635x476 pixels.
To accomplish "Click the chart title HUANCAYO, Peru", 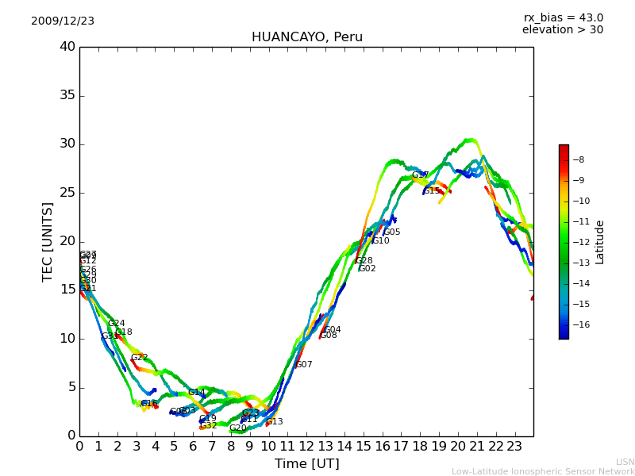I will pyautogui.click(x=306, y=37).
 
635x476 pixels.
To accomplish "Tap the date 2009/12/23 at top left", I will pyautogui.click(x=63, y=21).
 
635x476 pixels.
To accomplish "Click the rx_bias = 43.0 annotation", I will pyautogui.click(x=563, y=18).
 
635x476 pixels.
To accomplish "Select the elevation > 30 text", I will pyautogui.click(x=562, y=30).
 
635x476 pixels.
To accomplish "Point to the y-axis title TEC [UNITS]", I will pyautogui.click(x=48, y=241).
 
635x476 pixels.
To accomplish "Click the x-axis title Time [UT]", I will pyautogui.click(x=306, y=464).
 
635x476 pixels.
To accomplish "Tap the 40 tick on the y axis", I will pyautogui.click(x=67, y=47).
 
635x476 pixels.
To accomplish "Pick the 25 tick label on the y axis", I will pyautogui.click(x=67, y=193).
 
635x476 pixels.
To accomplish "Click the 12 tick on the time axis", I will pyautogui.click(x=306, y=446).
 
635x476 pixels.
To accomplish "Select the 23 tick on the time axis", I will pyautogui.click(x=514, y=446).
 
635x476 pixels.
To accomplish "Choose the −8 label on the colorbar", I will pyautogui.click(x=578, y=159).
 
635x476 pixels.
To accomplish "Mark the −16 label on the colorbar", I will pyautogui.click(x=580, y=324).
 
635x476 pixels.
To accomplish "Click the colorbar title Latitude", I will pyautogui.click(x=600, y=242).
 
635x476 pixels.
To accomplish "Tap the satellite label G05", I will pyautogui.click(x=392, y=232).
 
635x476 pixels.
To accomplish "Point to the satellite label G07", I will pyautogui.click(x=304, y=365).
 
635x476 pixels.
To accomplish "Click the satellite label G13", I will pyautogui.click(x=275, y=422).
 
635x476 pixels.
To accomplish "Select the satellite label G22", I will pyautogui.click(x=140, y=358).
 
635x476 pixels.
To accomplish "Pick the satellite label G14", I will pyautogui.click(x=197, y=393).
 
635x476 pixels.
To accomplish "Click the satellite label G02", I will pyautogui.click(x=368, y=269).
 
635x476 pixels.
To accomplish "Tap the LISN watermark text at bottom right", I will pyautogui.click(x=625, y=462).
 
